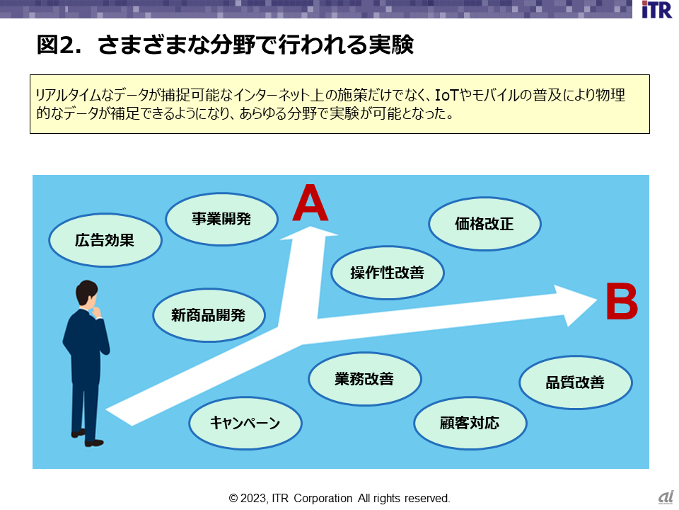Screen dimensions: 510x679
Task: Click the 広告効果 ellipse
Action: pos(105,240)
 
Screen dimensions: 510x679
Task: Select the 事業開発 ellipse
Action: pos(221,219)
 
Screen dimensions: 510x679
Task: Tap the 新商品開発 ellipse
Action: pos(209,315)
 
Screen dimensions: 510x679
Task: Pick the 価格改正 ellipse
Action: pos(484,225)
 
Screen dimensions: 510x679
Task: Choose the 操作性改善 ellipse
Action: pos(388,272)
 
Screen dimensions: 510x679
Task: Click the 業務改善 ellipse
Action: pos(364,379)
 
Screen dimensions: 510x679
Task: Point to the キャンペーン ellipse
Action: pos(245,424)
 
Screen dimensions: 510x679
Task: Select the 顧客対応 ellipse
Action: pos(470,424)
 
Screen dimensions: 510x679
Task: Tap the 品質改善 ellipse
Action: pos(575,382)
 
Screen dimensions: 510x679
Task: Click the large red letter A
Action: pos(311,203)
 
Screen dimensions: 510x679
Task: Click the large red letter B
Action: pos(622,302)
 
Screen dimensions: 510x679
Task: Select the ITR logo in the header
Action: pos(656,11)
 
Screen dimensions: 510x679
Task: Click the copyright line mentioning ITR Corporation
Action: pos(339,499)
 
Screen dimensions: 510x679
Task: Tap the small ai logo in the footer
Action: pos(665,498)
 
